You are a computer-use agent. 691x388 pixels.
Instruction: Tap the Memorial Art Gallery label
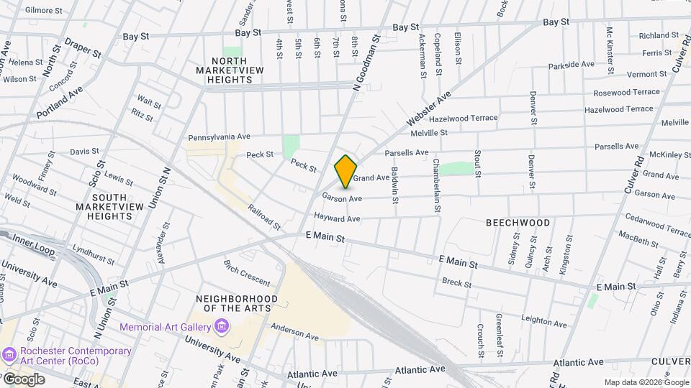[x=165, y=327]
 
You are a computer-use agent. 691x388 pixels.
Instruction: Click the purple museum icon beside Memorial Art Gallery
[x=222, y=328]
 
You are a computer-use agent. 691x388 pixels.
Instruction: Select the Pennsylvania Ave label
[x=219, y=137]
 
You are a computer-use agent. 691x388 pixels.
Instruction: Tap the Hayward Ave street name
[x=336, y=218]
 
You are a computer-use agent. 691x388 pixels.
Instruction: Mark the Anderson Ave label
[x=294, y=331]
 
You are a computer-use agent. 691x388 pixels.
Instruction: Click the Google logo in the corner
[x=23, y=379]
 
